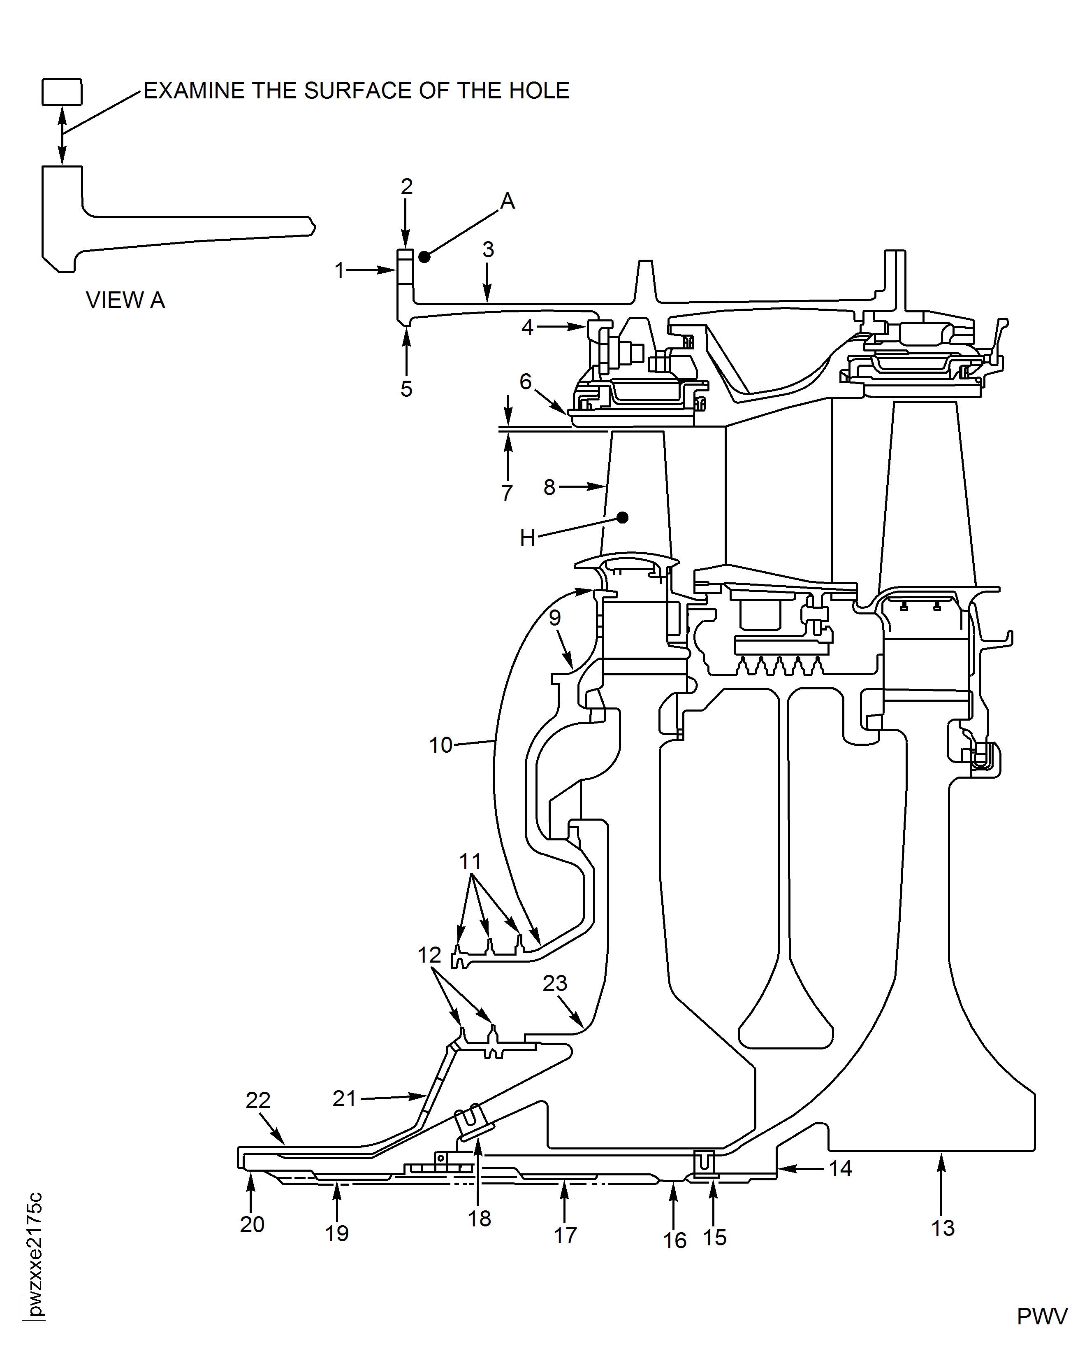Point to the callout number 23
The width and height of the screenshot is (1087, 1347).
[555, 983]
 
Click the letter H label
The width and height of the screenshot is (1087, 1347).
[528, 537]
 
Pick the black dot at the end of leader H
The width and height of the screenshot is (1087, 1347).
[622, 517]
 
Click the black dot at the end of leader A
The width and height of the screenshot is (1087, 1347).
[424, 256]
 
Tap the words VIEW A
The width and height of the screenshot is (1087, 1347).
[125, 300]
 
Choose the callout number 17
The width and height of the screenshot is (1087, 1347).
[565, 1235]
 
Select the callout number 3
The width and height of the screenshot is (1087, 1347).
[489, 249]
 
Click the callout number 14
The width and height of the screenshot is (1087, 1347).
[840, 1168]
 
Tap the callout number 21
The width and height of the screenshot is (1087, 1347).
[344, 1098]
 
